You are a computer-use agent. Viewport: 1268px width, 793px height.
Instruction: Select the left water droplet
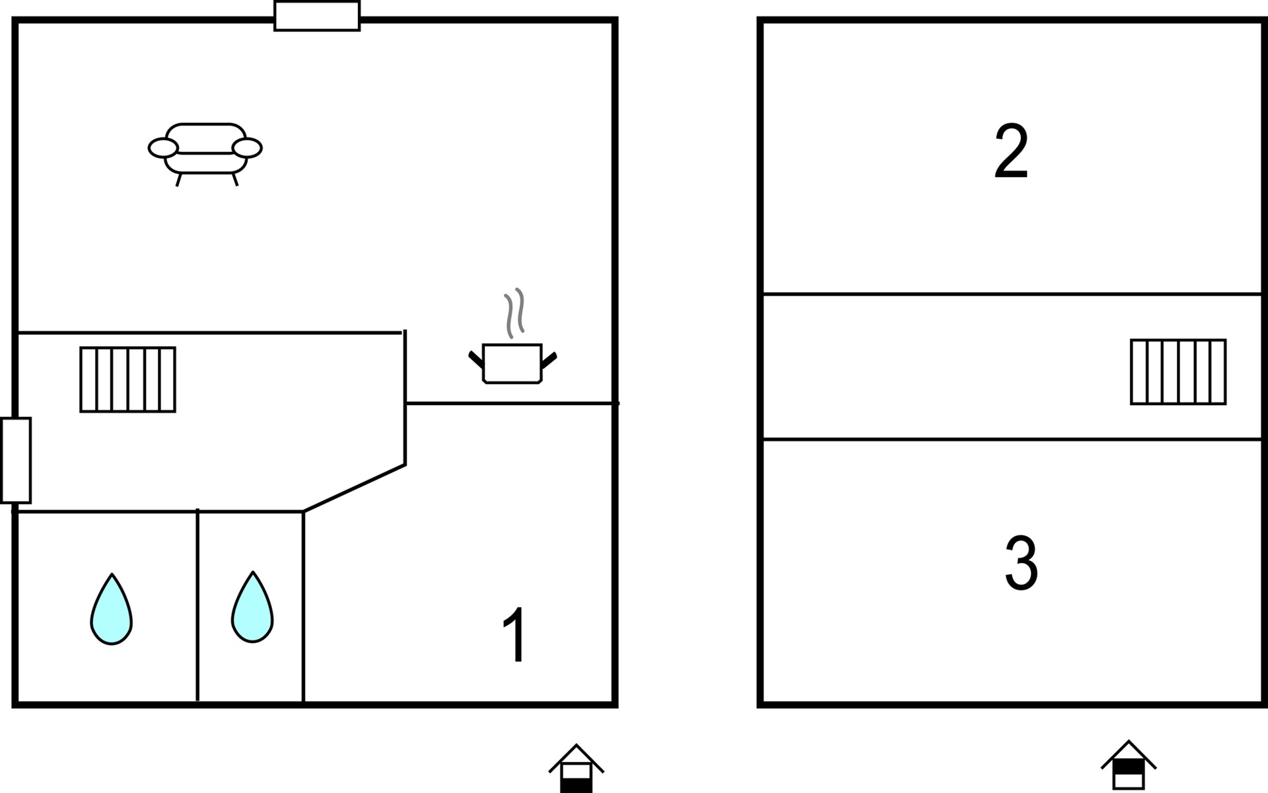[112, 609]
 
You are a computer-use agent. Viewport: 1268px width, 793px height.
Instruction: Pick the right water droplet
[252, 607]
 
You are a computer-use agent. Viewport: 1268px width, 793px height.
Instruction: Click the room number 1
[514, 634]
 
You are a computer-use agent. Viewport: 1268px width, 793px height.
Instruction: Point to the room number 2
[1011, 151]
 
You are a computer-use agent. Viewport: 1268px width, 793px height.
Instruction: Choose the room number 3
[1021, 563]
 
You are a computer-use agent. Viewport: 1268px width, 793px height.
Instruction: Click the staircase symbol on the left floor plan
[128, 379]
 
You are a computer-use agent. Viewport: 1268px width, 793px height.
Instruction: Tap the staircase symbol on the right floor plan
[1178, 371]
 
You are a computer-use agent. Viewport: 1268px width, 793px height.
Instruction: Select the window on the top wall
[317, 16]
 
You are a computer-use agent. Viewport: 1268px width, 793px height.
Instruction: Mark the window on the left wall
[16, 460]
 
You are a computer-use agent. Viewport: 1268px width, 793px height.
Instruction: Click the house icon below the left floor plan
[577, 769]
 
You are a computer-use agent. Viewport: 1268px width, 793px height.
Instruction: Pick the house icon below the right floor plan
[1129, 765]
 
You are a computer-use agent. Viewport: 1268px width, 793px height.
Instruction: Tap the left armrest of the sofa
[163, 148]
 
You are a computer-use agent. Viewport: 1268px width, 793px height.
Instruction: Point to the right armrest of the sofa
[247, 148]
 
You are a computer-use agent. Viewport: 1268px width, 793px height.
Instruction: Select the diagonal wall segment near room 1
[354, 488]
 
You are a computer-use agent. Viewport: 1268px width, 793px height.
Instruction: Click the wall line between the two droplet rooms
[197, 605]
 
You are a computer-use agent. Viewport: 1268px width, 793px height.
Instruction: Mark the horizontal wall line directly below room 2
[1012, 293]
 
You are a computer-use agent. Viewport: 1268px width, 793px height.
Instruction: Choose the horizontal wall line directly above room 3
[1012, 439]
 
